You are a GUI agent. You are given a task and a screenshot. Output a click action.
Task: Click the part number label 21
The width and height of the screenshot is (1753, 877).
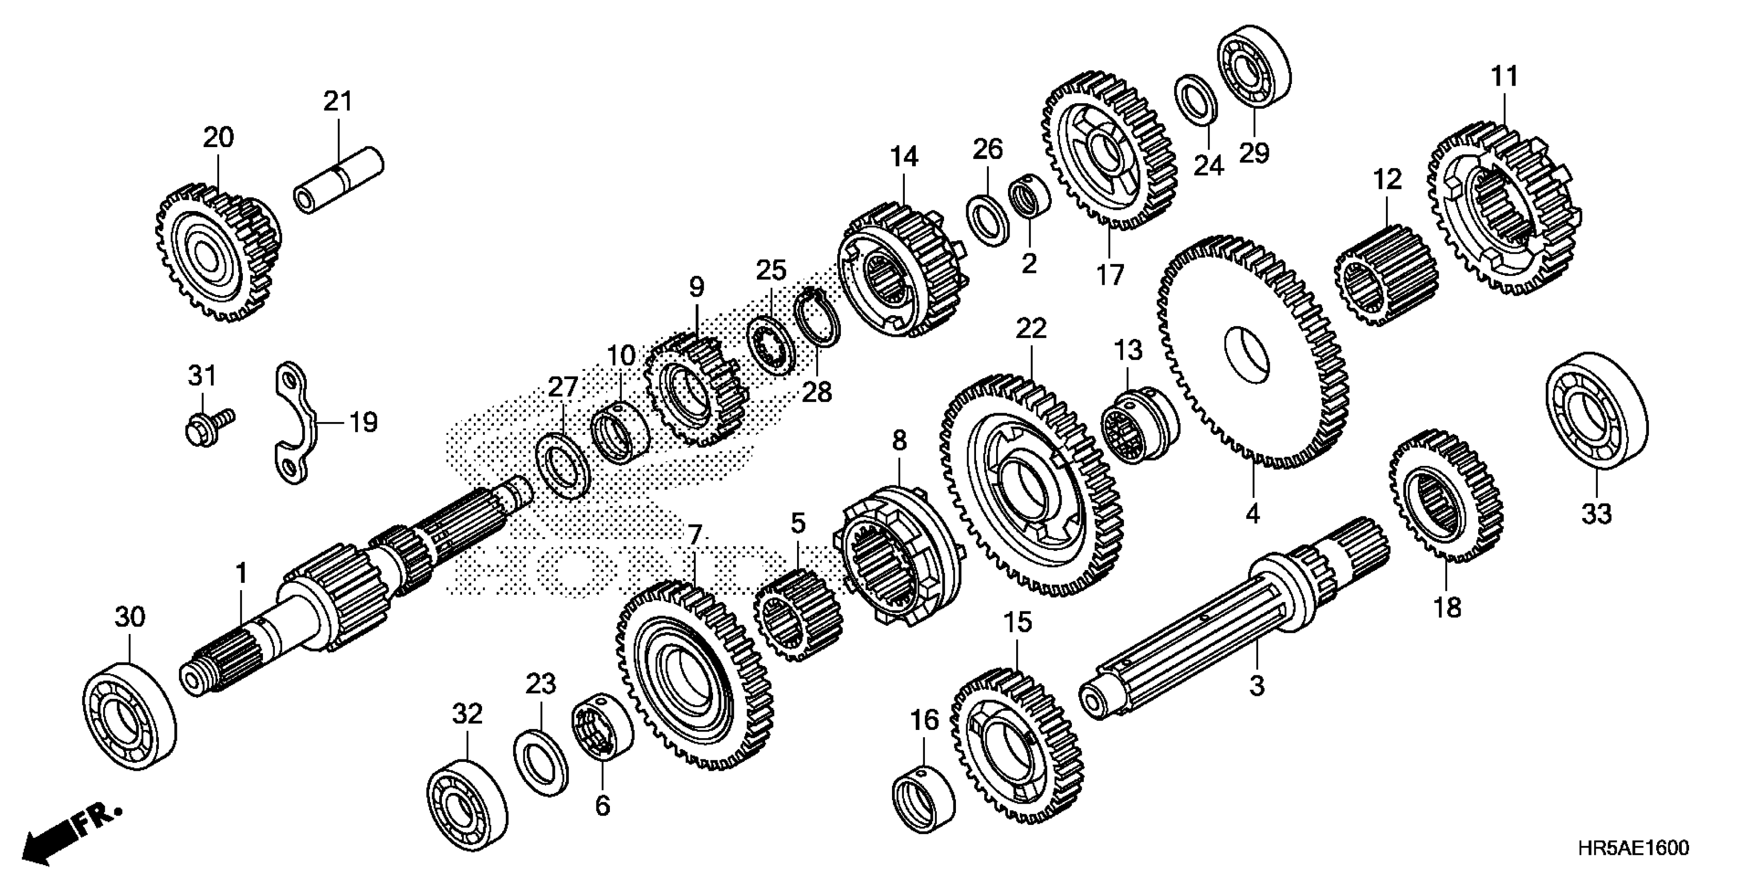coord(338,102)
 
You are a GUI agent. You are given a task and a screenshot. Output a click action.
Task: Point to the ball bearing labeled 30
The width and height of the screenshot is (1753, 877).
coord(129,717)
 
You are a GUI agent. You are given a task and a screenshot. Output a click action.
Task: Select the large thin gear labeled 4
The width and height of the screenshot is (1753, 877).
coord(1252,351)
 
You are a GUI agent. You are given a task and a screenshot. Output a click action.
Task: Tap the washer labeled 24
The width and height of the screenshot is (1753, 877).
coord(1196,101)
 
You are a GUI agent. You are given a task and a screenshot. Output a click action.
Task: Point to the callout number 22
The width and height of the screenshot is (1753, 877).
coord(1031,330)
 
